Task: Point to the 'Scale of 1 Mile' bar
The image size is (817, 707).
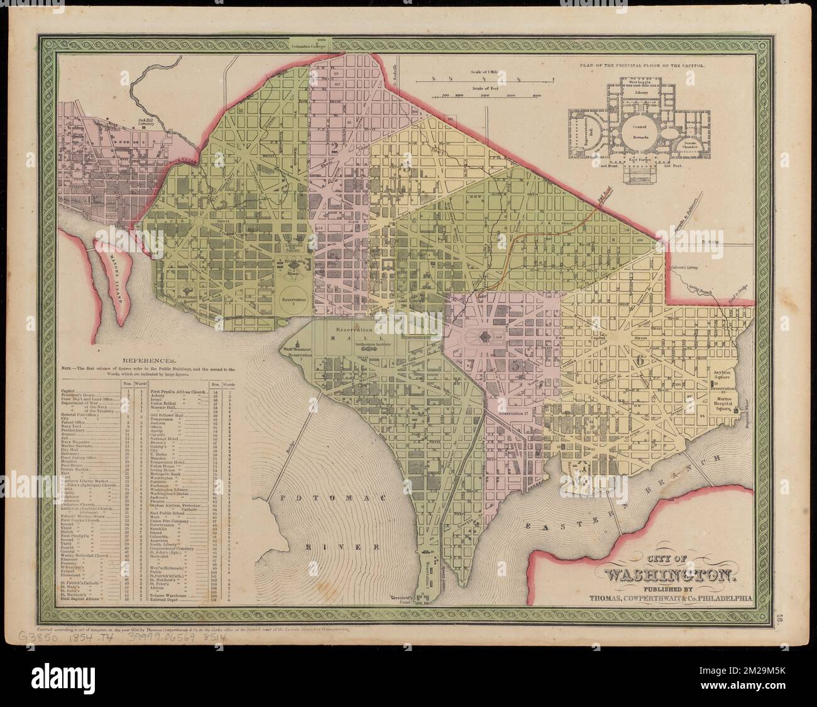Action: [492, 79]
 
